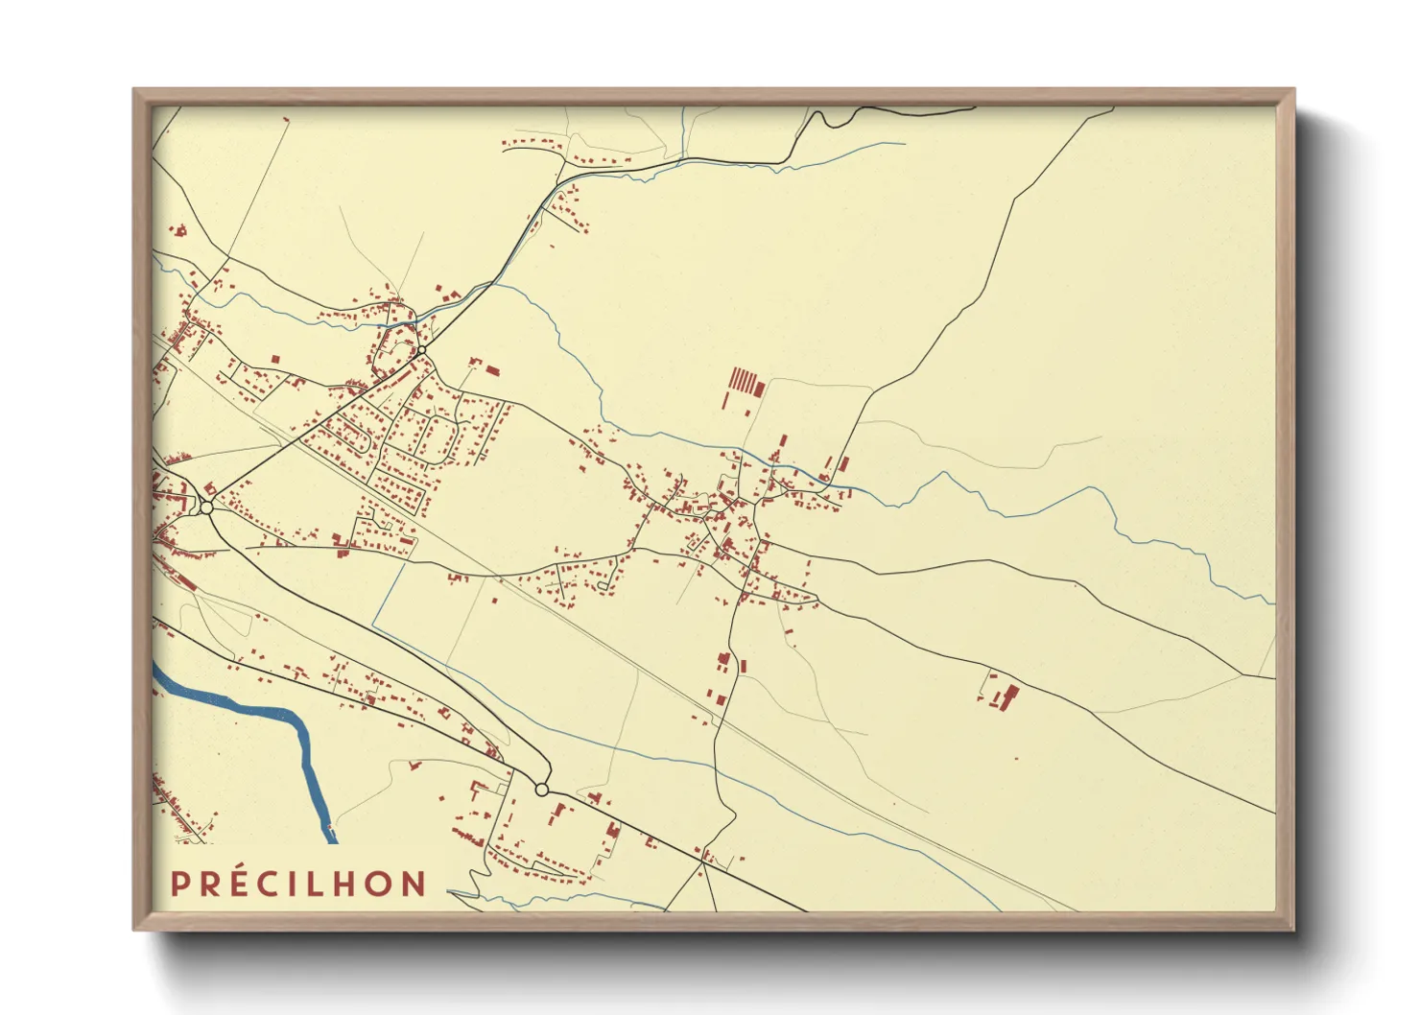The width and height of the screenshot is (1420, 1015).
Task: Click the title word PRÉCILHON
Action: tap(298, 884)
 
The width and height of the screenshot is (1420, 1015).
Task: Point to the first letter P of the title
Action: tap(179, 884)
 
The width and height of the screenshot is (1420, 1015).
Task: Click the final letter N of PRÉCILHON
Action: tap(414, 884)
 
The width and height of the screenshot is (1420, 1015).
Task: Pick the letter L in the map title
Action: tap(323, 884)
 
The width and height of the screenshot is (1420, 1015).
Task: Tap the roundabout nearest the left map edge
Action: tap(206, 507)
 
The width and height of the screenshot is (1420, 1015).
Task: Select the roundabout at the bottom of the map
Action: tap(541, 790)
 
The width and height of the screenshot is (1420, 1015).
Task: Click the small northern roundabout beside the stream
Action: tap(421, 351)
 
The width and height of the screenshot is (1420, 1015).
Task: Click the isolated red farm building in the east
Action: tap(1006, 696)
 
